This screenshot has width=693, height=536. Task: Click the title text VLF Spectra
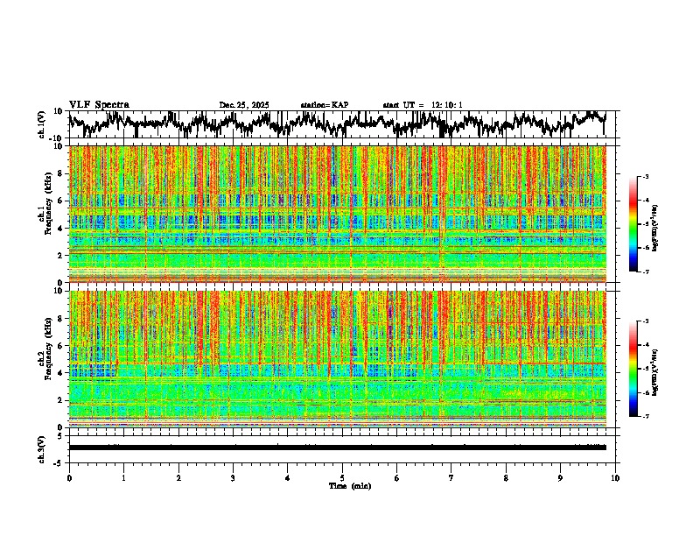(99, 105)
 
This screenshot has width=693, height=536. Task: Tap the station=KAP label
(324, 105)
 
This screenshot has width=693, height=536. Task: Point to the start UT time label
(422, 105)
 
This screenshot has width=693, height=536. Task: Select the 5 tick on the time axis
(342, 477)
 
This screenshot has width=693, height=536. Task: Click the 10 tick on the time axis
(615, 477)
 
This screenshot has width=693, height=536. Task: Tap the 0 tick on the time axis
(69, 477)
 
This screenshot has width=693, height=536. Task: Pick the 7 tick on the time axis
(451, 477)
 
